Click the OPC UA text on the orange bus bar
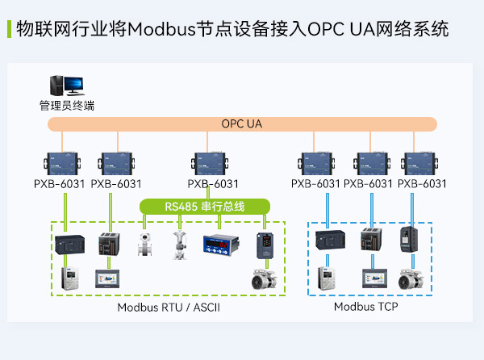tap(242, 124)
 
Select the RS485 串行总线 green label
tap(205, 207)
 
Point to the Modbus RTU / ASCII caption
tap(169, 308)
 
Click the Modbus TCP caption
tap(366, 307)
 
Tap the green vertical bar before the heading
tap(8, 30)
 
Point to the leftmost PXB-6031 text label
tap(59, 184)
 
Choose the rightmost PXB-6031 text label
tap(422, 184)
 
